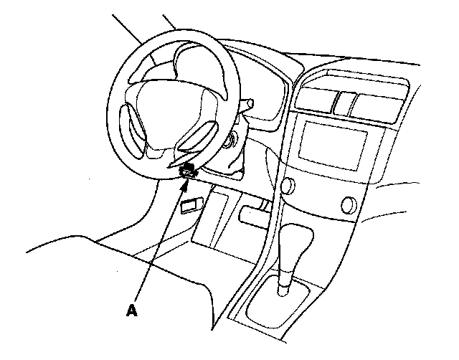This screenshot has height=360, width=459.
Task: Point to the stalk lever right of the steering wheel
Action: tap(248, 105)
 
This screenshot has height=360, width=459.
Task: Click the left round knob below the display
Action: tap(288, 187)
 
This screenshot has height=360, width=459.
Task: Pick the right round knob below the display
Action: tap(351, 204)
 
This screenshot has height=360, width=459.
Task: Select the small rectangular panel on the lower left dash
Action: tap(189, 207)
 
